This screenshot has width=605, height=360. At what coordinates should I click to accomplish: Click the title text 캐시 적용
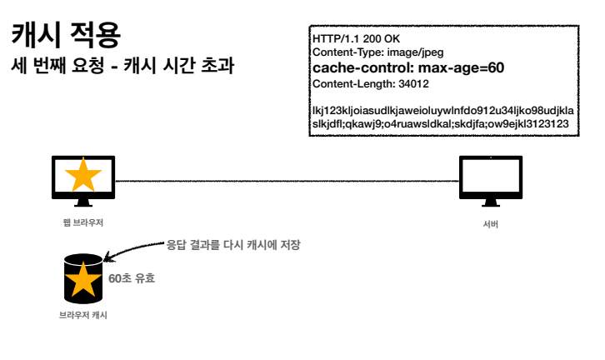click(66, 35)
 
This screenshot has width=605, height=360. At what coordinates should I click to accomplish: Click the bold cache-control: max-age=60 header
click(407, 67)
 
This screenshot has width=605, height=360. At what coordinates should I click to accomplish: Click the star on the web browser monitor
click(83, 177)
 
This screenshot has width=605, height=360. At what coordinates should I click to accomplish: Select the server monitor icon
click(491, 179)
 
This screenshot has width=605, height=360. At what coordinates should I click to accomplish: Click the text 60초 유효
click(132, 278)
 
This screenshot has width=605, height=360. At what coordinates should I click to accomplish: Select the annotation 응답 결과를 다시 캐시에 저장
click(232, 245)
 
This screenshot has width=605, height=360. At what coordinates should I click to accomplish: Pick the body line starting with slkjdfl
click(440, 123)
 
